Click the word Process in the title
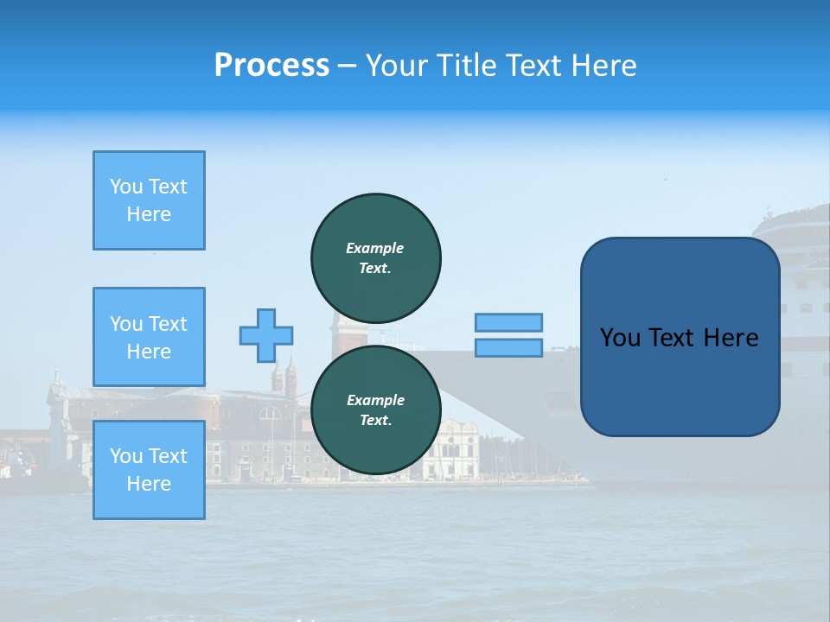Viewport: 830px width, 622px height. coord(271,66)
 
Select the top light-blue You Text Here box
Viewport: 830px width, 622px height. coord(149,200)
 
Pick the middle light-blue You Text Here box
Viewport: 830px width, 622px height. coord(149,337)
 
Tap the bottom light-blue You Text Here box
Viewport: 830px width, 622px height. coord(149,469)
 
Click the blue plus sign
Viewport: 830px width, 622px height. coord(266,335)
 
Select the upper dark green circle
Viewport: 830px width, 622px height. coord(376,257)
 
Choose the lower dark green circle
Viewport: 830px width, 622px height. coord(376,409)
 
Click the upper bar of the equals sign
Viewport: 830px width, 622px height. coord(508,322)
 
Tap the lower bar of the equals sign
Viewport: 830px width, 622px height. coord(508,347)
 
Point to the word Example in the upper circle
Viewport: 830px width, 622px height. coord(375,248)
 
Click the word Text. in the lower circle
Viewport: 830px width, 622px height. coord(375,421)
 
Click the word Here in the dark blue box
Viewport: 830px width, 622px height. coord(731,338)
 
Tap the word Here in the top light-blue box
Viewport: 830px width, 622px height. coord(149,214)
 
